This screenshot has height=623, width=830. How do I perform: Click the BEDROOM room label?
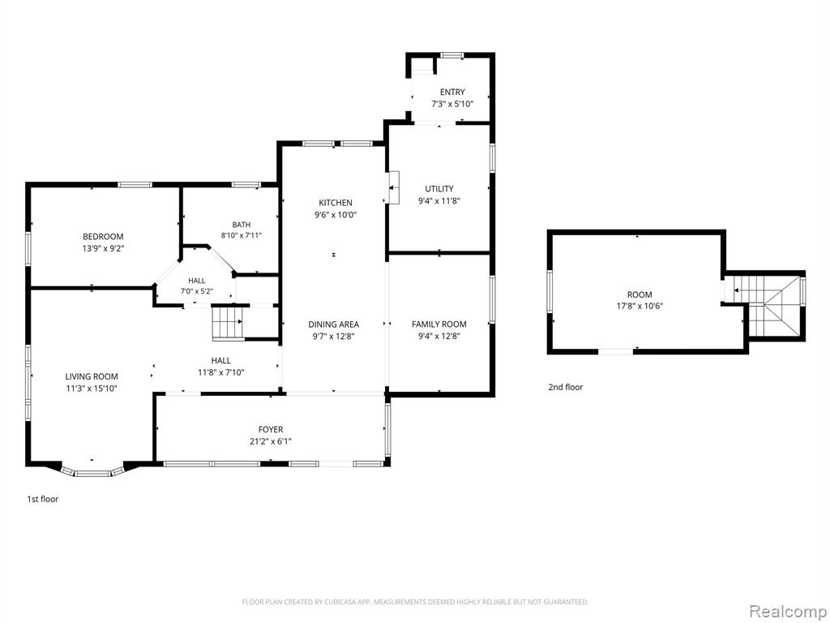103,237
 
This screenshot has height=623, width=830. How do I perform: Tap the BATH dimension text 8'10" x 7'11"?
242,235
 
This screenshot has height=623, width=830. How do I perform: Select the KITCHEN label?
336,203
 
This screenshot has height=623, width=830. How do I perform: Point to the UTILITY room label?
439,188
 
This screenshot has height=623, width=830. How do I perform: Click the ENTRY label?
452,92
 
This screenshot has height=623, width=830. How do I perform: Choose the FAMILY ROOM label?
439,324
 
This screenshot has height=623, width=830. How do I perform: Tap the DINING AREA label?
333,324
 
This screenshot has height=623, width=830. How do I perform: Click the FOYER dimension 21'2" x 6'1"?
271,441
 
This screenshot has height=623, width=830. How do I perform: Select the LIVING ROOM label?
92,376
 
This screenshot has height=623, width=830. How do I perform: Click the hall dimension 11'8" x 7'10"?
220,372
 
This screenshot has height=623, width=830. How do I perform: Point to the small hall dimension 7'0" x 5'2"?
196,290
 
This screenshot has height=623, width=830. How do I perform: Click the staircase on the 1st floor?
228,323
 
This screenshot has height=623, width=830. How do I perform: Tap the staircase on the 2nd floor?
767,306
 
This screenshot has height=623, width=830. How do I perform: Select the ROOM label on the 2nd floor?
640,295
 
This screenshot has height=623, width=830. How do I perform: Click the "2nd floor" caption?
565,387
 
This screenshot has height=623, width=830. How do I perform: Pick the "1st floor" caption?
43,499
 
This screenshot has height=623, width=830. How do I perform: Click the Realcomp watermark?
786,611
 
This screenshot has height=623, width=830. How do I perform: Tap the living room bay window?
92,471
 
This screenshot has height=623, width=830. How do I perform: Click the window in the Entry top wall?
452,55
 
